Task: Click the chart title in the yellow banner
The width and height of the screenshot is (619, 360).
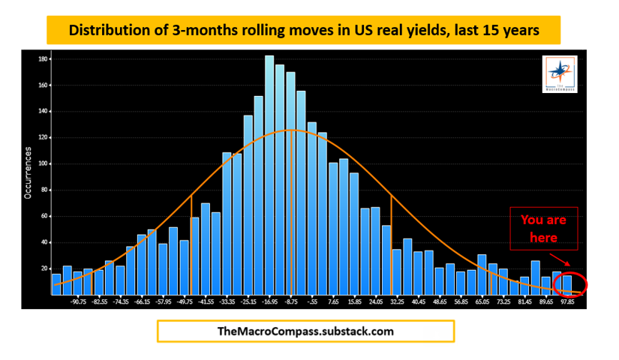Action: (304, 31)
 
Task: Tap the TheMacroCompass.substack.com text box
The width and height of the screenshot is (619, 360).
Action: (305, 331)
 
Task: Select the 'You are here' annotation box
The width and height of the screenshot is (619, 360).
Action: (543, 228)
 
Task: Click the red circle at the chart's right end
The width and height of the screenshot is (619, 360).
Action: (570, 284)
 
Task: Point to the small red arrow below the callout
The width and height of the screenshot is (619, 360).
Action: (565, 262)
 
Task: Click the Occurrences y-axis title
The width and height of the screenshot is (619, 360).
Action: (28, 172)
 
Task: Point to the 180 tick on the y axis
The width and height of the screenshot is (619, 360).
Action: (44, 58)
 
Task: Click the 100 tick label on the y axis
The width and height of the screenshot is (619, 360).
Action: (44, 163)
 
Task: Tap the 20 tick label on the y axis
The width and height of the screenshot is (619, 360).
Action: (44, 268)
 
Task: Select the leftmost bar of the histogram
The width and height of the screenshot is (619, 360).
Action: (56, 284)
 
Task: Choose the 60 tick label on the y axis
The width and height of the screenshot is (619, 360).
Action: (44, 216)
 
